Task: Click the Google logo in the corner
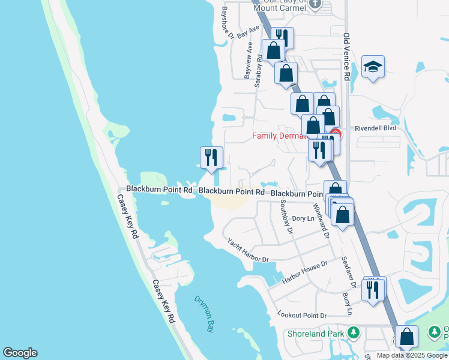[x=20, y=353]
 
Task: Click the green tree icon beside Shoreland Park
[x=354, y=332]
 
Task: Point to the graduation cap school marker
[x=373, y=68]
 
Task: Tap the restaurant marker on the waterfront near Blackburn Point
[x=211, y=158]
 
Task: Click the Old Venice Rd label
[x=346, y=57]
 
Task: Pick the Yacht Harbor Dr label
[x=247, y=250]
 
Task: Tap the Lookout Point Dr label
[x=302, y=315]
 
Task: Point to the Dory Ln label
[x=303, y=219]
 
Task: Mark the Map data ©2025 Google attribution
[x=411, y=355]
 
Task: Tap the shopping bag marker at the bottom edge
[x=406, y=338]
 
